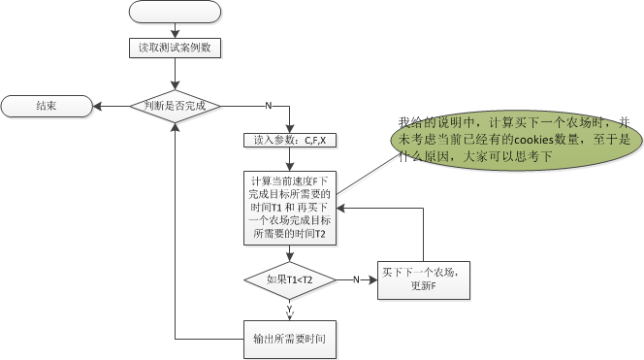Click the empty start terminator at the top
coord(176,12)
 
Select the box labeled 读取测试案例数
coord(176,47)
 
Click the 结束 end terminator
coord(47,105)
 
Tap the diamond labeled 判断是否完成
coord(176,105)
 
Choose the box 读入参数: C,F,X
coord(290,140)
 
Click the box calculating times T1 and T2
coord(290,207)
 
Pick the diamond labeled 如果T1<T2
coord(290,279)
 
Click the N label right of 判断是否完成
coord(268,105)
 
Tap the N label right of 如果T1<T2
coord(356,279)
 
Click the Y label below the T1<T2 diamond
coord(290,309)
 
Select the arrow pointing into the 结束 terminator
coord(112,105)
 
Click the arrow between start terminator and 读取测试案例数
coord(176,30)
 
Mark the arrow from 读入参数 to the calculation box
coord(290,158)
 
